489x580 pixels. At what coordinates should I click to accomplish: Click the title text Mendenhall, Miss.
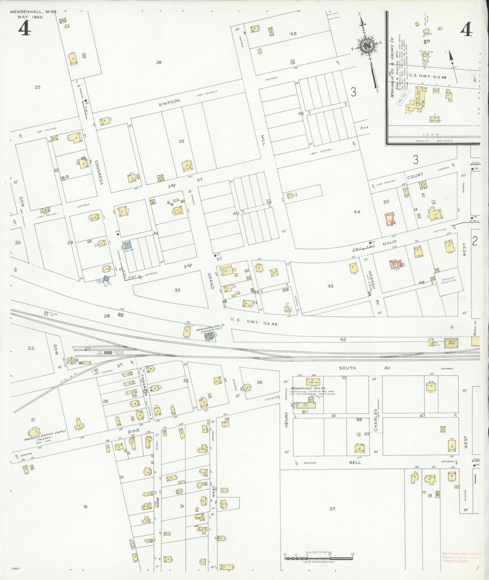pos(34,12)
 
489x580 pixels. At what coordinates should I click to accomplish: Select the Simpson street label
pos(170,102)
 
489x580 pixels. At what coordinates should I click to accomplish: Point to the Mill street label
pos(263,139)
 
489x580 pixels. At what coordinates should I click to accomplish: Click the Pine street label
pos(364,128)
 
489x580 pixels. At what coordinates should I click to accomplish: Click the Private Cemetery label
pos(449,280)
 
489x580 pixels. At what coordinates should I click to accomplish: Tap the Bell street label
pos(355,462)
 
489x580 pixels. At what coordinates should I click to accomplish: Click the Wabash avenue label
pos(372,280)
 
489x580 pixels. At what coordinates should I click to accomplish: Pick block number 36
pos(158,62)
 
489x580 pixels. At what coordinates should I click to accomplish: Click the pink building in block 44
pos(390,219)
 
